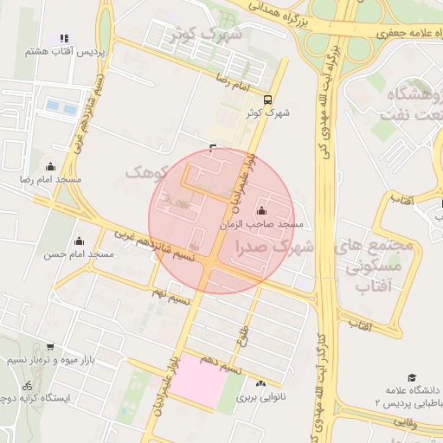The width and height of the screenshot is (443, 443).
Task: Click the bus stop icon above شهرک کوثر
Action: click(267, 100)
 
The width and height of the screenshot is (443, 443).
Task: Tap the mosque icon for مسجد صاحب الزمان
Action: click(261, 210)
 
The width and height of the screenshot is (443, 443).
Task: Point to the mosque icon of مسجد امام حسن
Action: click(80, 241)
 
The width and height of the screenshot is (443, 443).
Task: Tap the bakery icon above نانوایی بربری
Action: click(260, 383)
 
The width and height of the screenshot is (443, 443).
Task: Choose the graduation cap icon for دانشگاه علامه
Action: click(412, 377)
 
